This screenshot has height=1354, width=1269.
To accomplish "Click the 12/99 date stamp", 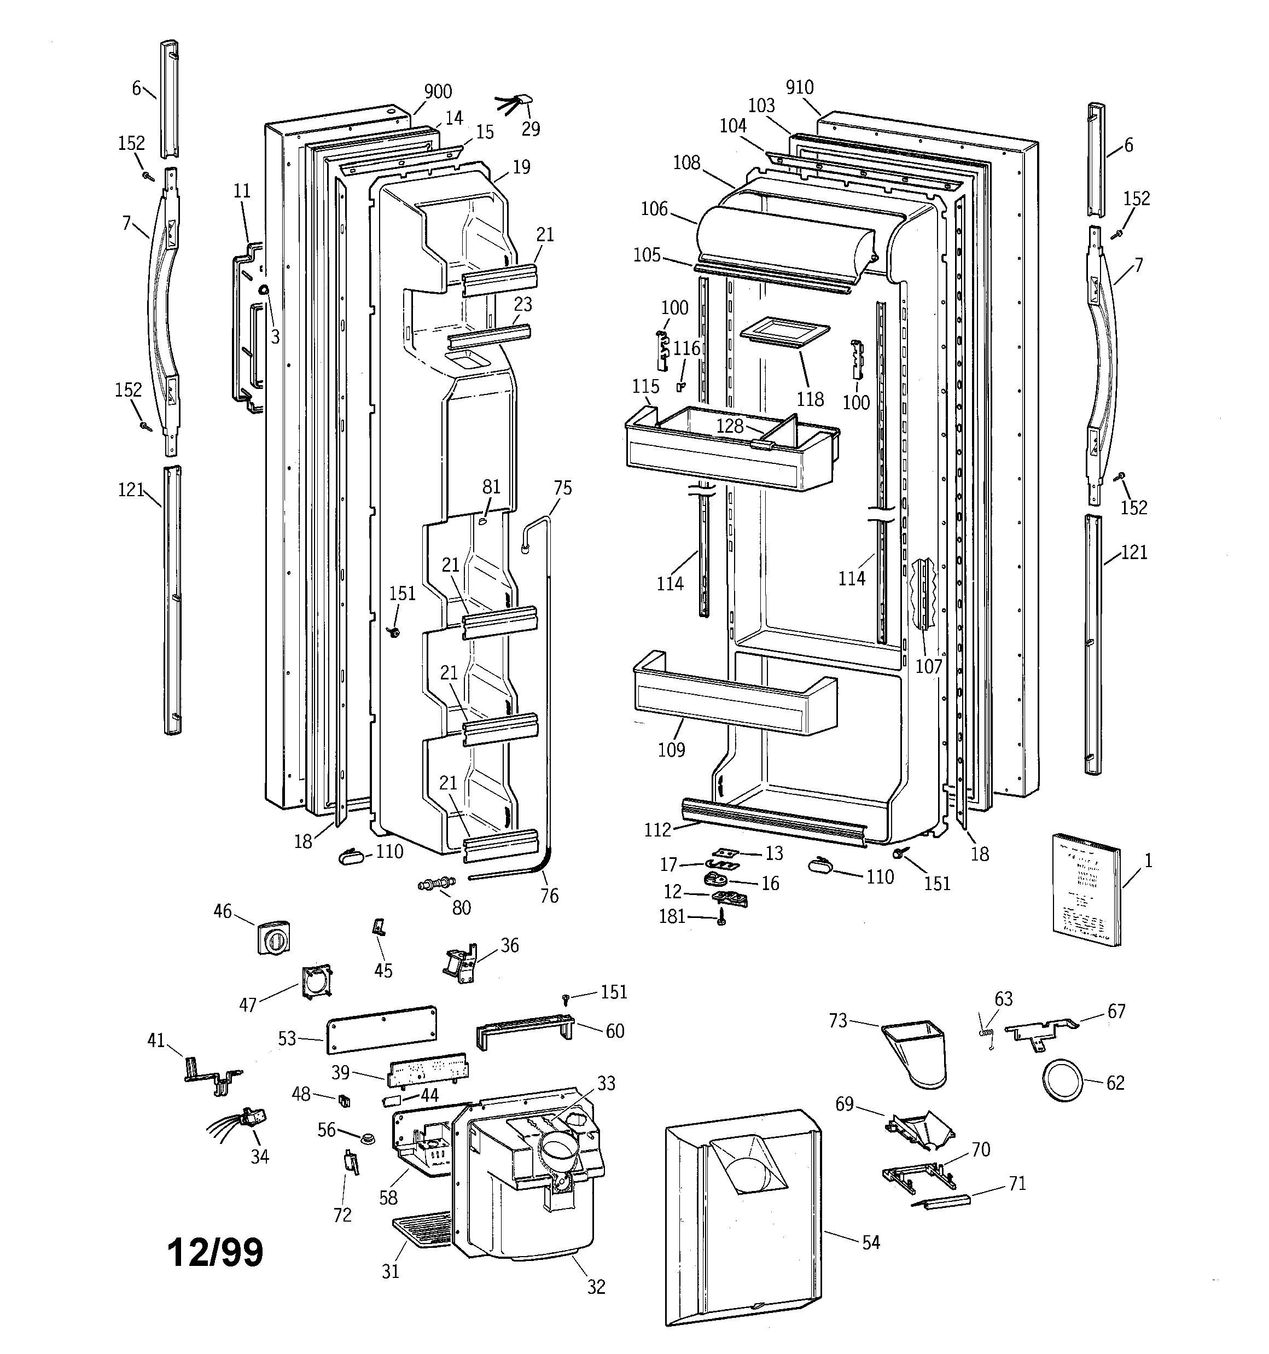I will point(216,1251).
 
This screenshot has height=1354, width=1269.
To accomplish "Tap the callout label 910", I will point(799,87).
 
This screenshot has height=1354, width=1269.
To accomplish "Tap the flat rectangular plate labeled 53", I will point(381,1029).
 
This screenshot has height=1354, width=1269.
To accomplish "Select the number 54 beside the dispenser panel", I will point(870,1242).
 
